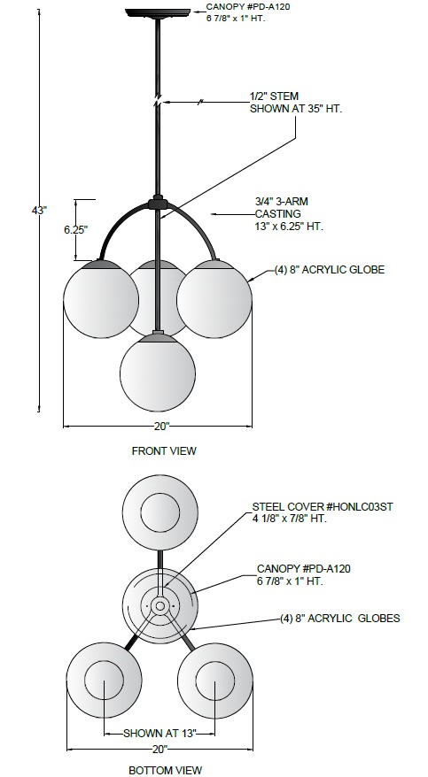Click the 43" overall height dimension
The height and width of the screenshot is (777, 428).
coord(39,210)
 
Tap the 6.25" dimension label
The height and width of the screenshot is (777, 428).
coord(75,229)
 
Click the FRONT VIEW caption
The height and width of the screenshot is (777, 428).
coord(164,451)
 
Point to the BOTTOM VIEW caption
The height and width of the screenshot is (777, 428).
coord(165,770)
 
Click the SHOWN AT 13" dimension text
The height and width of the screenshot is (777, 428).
coord(160,733)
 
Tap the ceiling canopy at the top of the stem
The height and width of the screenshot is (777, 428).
coord(158,12)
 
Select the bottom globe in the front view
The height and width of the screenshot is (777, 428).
coord(158,373)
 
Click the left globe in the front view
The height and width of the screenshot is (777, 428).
coord(101,299)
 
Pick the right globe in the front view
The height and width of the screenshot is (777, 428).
coord(214,299)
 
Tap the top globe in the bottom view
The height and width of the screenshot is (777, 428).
coord(160,513)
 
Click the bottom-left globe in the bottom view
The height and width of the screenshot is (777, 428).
coord(105,681)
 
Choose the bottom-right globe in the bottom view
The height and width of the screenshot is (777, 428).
coord(215,681)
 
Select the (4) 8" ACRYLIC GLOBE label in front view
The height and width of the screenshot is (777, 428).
coord(330,270)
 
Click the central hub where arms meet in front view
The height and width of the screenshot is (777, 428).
coord(158,204)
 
